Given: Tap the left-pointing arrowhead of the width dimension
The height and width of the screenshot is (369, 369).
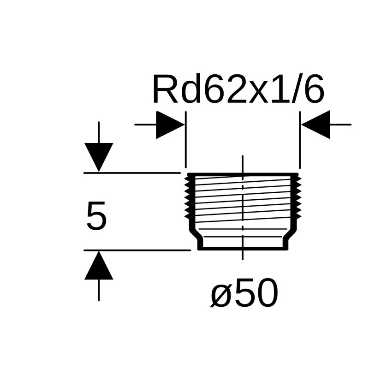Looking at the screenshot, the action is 316,125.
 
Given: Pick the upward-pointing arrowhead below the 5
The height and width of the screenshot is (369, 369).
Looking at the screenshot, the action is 99,268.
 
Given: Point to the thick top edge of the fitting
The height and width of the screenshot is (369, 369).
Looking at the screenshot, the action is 243,174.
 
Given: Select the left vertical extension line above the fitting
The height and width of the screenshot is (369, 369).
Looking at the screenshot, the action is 185,138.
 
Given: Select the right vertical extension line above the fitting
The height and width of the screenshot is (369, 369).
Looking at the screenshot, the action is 300,138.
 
